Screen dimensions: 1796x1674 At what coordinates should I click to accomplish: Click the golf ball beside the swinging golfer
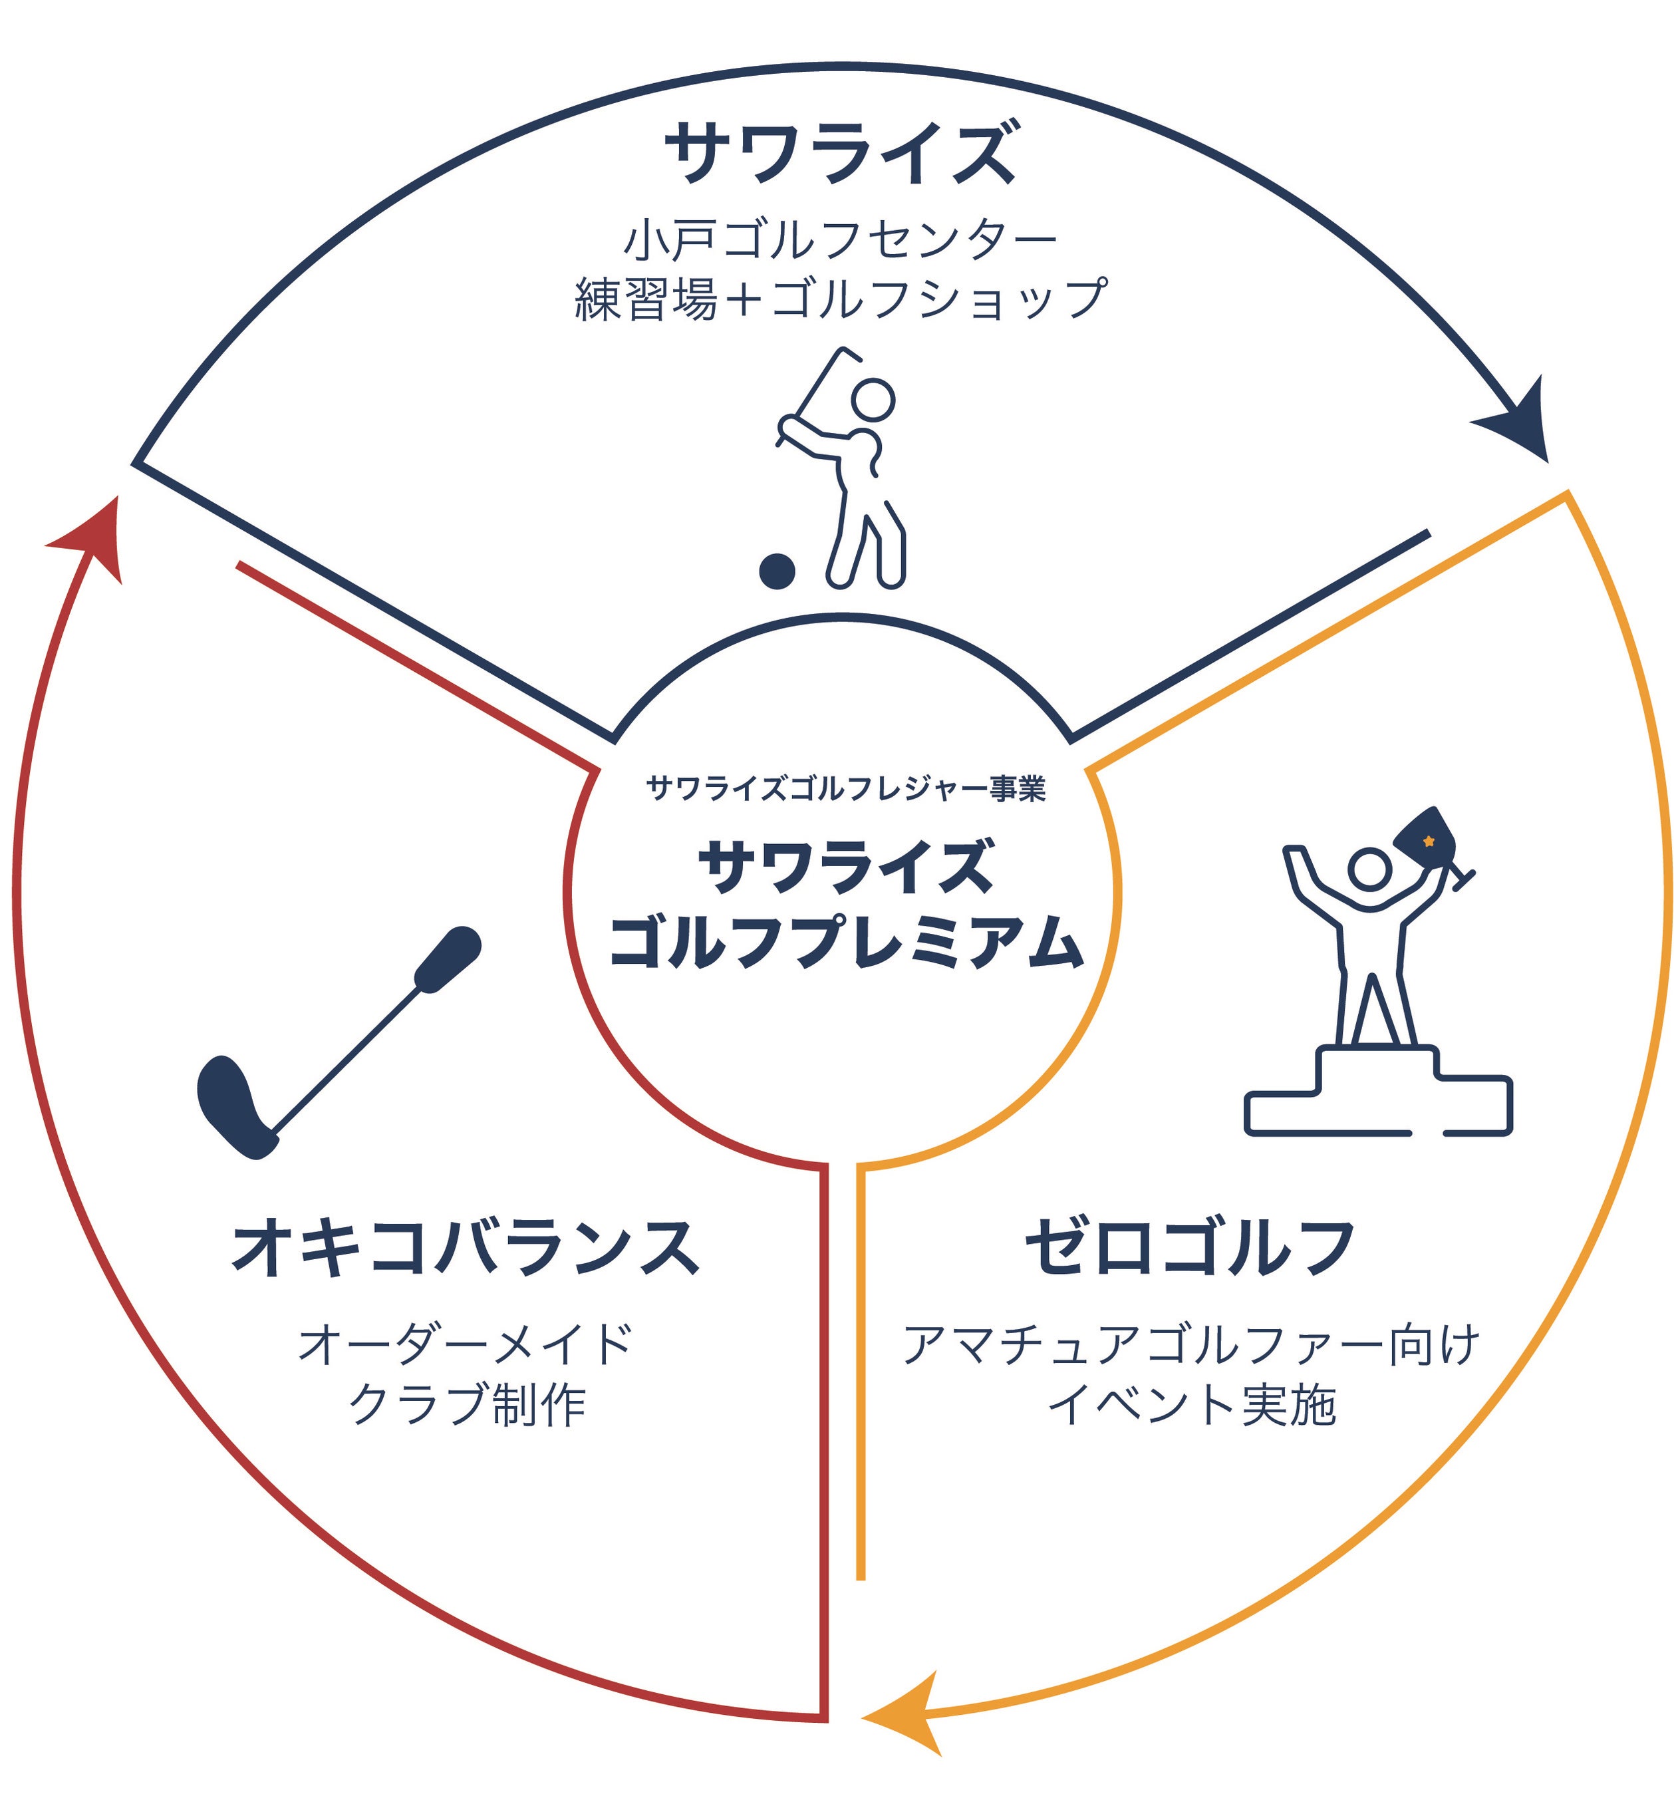(x=776, y=571)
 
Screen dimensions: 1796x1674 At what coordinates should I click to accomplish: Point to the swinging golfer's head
(x=873, y=399)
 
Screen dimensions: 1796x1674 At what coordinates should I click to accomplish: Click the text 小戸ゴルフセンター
(x=840, y=239)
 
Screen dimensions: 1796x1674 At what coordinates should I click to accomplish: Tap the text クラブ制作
(x=467, y=1406)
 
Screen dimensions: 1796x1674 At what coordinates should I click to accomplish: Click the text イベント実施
(x=1190, y=1406)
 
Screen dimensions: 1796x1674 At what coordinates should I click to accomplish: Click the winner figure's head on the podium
(x=1369, y=870)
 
